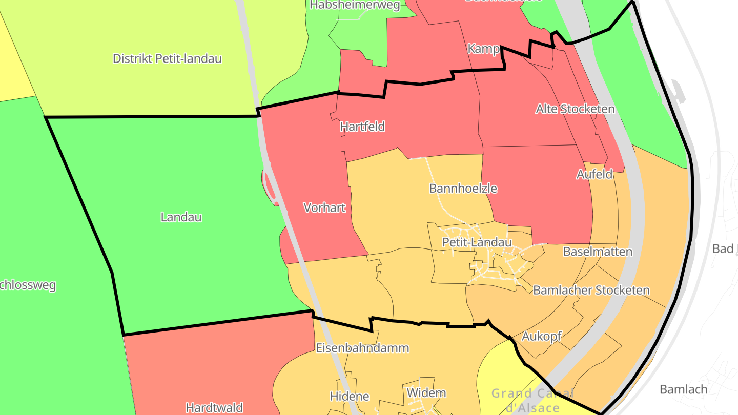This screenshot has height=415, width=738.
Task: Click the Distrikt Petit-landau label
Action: [x=167, y=58]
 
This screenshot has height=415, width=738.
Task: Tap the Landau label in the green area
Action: [x=181, y=217]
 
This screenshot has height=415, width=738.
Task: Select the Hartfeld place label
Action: [x=362, y=127]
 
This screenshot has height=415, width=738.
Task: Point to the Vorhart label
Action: [x=324, y=208]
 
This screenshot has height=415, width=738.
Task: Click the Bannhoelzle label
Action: [x=463, y=188]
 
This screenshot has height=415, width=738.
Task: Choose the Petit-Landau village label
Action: [x=477, y=242]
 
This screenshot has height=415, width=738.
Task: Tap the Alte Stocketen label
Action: [x=575, y=109]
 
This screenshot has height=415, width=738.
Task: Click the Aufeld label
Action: [x=594, y=174]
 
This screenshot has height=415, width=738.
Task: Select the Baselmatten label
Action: [x=598, y=252]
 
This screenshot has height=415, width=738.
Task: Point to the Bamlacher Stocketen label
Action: [x=591, y=290]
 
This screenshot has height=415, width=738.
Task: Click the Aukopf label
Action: [x=541, y=337]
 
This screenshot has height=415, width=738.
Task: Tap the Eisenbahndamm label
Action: [x=362, y=348]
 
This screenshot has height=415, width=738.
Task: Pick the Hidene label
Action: [x=350, y=396]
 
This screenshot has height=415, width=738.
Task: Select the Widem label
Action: [x=426, y=393]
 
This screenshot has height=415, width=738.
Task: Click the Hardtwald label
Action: [x=214, y=408]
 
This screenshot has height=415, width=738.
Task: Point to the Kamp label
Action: [x=483, y=49]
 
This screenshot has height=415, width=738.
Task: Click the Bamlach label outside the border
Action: [x=683, y=389]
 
